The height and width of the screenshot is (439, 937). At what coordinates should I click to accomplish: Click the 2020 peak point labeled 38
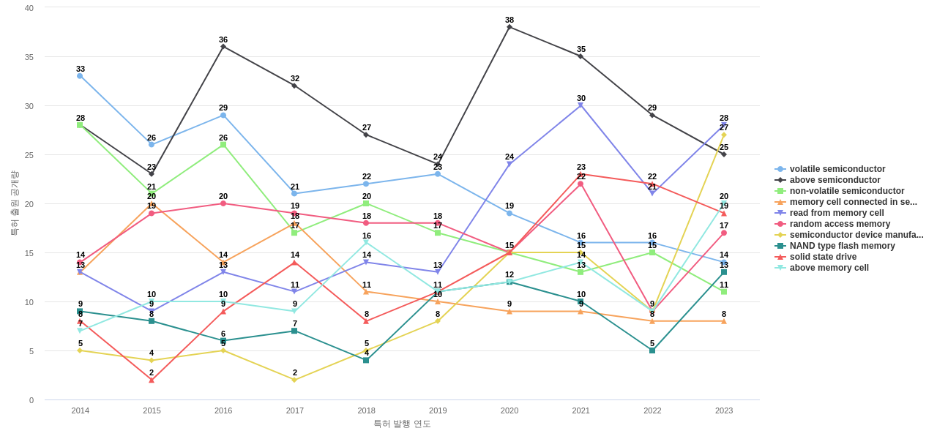[509, 27]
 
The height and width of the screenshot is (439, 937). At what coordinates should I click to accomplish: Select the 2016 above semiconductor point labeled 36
[223, 47]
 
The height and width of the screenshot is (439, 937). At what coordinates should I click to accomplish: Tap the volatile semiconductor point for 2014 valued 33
[80, 76]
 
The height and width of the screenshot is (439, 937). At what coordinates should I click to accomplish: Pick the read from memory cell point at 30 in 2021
[581, 105]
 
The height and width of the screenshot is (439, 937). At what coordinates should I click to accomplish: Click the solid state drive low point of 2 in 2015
[152, 380]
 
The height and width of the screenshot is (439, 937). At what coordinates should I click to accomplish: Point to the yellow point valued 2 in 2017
[294, 380]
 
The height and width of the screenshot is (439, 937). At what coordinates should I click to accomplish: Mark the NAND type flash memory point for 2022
[652, 350]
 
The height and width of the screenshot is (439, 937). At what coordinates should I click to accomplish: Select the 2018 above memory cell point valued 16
[366, 243]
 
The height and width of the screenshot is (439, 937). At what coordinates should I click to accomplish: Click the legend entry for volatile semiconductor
[837, 169]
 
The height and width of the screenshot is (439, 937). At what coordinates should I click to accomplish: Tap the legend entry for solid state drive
[823, 257]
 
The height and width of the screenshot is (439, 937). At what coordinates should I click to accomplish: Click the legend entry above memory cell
[829, 268]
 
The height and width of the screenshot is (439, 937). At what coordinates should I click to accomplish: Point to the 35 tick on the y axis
[29, 57]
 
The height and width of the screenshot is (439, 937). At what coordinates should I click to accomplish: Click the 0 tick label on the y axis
[31, 400]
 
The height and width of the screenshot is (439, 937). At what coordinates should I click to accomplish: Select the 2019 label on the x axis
[438, 410]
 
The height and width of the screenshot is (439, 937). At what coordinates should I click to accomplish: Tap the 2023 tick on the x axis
[724, 410]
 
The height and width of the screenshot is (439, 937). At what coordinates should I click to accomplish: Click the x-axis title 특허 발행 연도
[402, 424]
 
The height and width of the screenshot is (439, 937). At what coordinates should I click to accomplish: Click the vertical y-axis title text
[14, 203]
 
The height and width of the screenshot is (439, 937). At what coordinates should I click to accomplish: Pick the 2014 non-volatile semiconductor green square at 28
[80, 125]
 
